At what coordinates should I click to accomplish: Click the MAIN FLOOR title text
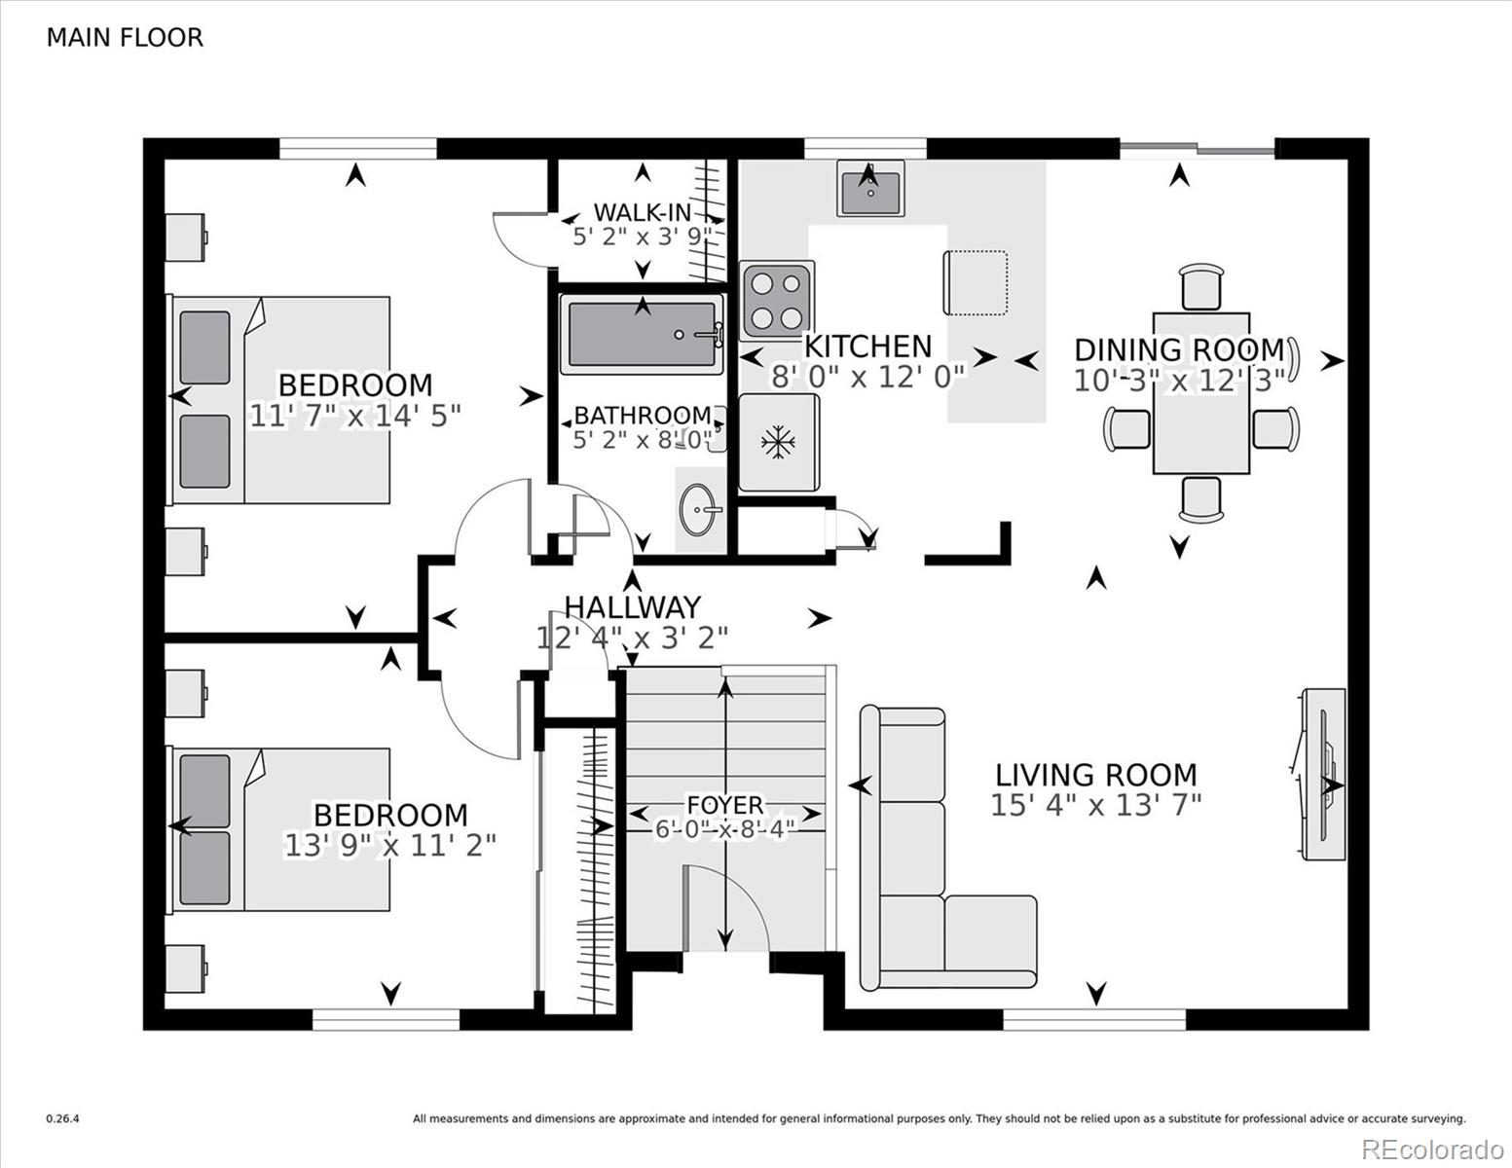[125, 38]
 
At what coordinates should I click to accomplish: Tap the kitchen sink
[870, 188]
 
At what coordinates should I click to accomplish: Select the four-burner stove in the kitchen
[777, 301]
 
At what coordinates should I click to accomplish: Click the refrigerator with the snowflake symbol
[779, 443]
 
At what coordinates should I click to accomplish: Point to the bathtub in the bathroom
[642, 334]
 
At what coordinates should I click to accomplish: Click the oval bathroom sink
[700, 510]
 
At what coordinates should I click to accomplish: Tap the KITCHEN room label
[867, 346]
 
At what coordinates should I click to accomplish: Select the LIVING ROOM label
[1096, 775]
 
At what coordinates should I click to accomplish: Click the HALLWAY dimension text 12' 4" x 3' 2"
[632, 638]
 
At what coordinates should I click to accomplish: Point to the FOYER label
[725, 805]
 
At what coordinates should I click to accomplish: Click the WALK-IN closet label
[643, 212]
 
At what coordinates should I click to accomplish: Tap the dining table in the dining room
[1201, 394]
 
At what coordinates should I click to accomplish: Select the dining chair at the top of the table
[1201, 286]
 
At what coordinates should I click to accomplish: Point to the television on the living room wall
[1323, 774]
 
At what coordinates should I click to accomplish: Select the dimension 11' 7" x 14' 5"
[354, 416]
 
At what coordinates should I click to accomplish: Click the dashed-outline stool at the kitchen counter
[976, 282]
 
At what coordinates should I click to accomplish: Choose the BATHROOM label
[643, 416]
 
